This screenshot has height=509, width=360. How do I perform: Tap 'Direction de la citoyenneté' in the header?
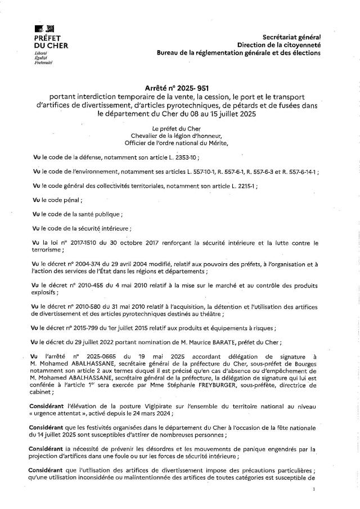[279, 44]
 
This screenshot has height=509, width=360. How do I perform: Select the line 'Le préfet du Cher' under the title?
[180, 129]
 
